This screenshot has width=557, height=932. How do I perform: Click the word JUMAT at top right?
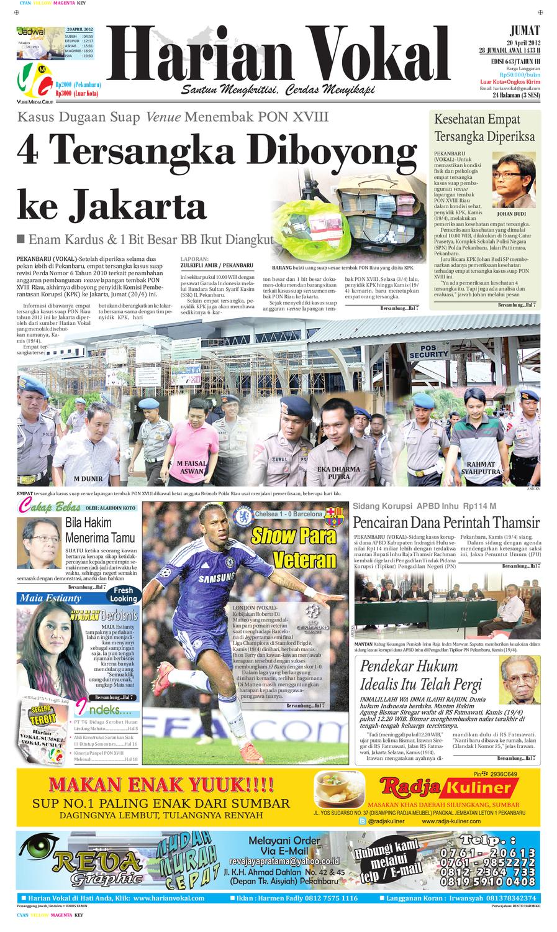tap(524, 29)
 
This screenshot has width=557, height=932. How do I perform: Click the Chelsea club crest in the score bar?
tap(239, 515)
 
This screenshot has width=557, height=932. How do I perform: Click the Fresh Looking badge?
tap(123, 595)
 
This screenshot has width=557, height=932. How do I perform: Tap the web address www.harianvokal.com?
tap(168, 898)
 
